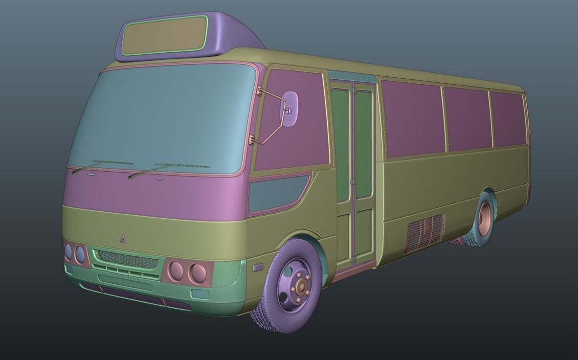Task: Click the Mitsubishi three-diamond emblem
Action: (x=123, y=239)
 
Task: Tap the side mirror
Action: (x=289, y=109)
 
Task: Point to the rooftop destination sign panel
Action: (x=164, y=35)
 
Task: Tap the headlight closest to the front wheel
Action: (x=198, y=273)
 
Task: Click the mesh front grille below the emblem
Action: (x=126, y=258)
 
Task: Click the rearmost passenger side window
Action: (x=509, y=119)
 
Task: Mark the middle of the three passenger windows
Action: (x=467, y=119)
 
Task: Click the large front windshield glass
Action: (x=161, y=117)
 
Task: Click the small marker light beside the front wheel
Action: (x=258, y=267)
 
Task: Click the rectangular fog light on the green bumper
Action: (x=200, y=294)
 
